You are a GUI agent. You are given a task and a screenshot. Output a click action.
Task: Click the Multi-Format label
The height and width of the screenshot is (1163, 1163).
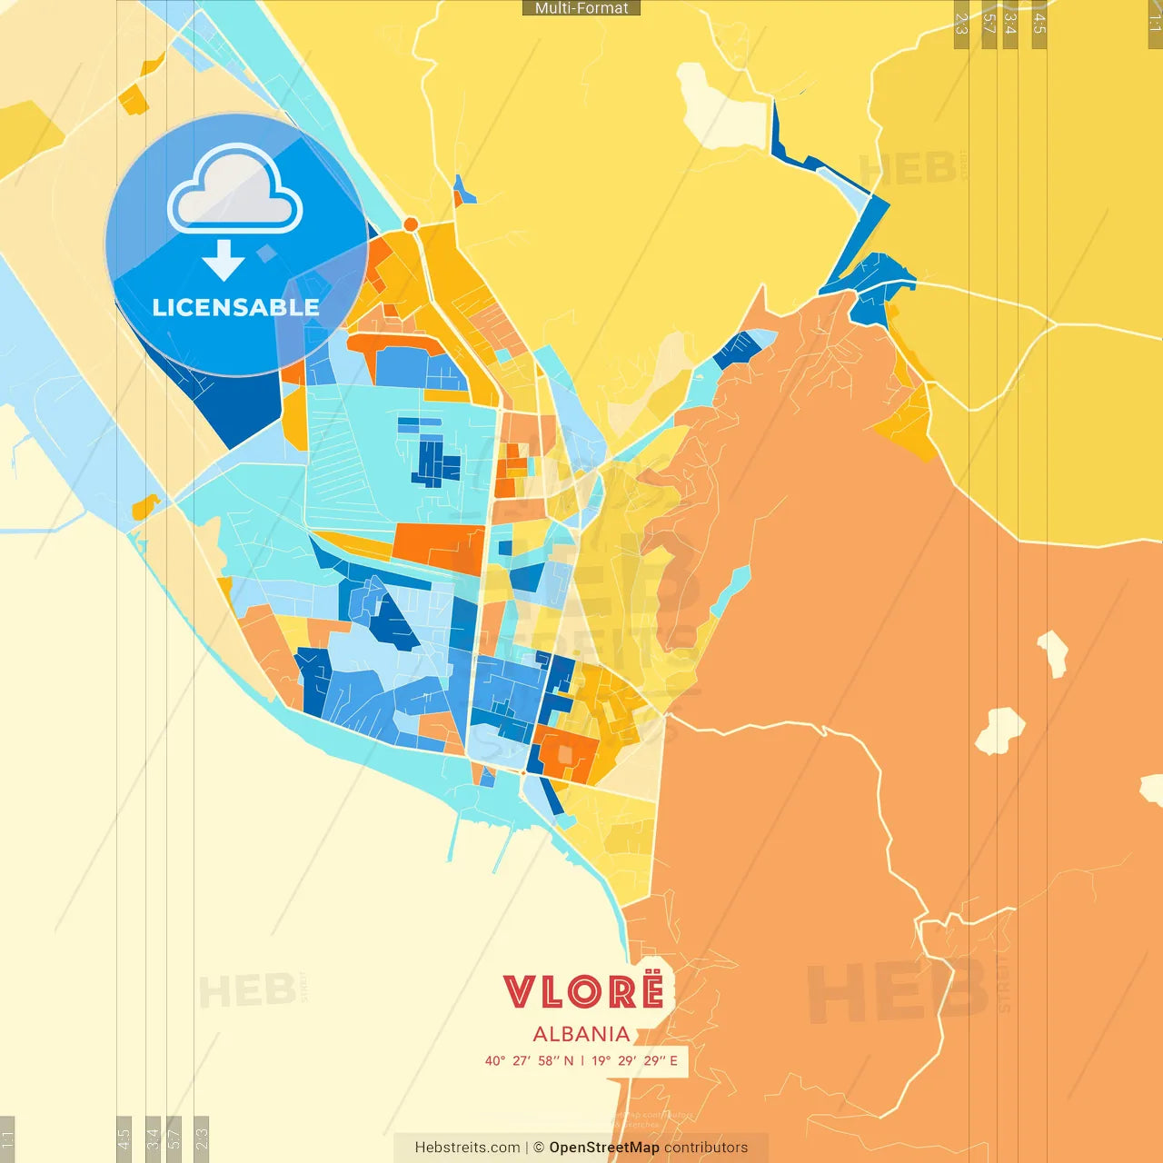pos(581,8)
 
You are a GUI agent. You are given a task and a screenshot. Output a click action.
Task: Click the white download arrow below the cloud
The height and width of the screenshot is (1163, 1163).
pos(224,260)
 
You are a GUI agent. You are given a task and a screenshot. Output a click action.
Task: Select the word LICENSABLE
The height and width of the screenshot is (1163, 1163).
pos(235,308)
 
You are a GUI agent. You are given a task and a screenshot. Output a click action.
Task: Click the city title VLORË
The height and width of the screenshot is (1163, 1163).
pos(583,991)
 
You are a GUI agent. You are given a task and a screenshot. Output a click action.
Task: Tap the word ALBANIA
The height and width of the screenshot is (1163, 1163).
pos(581,1034)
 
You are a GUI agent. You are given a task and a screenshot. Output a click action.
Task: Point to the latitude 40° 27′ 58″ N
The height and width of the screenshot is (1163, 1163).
pos(529,1060)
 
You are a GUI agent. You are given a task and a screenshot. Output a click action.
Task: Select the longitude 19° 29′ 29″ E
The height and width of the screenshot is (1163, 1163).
pos(634,1060)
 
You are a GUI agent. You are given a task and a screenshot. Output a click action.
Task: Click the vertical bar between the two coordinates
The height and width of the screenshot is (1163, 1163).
pos(582,1060)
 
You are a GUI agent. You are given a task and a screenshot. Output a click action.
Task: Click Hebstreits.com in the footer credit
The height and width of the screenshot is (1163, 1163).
pos(467,1148)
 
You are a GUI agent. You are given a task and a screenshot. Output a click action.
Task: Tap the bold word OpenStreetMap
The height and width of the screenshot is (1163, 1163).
pos(604,1148)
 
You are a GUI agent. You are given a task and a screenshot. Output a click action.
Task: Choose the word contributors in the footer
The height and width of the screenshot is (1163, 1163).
pos(706,1148)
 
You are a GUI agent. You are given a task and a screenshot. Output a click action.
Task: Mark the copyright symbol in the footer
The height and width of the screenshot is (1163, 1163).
pos(539,1148)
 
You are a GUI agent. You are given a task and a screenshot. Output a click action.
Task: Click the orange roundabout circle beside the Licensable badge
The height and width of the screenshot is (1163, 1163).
pos(411,224)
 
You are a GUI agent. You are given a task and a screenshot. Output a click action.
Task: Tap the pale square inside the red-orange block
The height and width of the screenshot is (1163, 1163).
pos(565,754)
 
